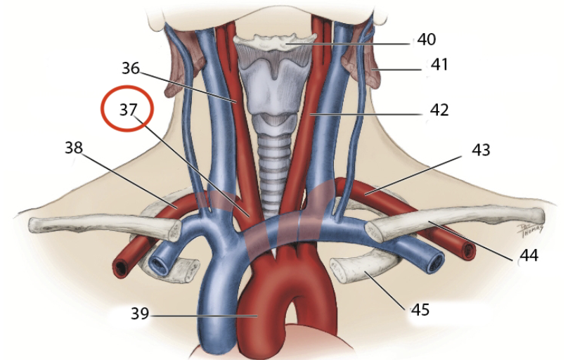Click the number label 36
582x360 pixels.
(x=131, y=69)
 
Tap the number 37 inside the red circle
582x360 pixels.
(x=127, y=109)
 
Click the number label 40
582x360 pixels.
(x=427, y=39)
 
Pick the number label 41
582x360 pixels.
(x=439, y=65)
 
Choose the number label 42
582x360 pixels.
(x=439, y=110)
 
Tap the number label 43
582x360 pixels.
(x=481, y=150)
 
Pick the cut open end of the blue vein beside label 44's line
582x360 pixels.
(x=435, y=262)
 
